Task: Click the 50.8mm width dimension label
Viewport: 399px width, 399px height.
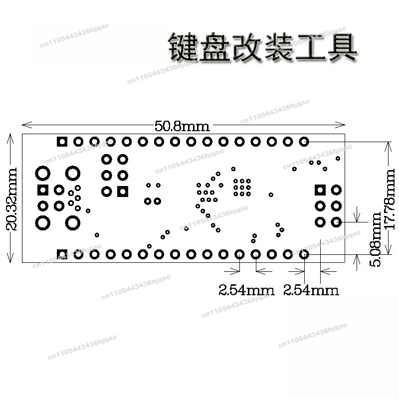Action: click(x=182, y=126)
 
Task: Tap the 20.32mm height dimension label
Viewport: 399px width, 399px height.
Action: click(x=11, y=199)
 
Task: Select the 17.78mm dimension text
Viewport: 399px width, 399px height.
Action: click(x=389, y=199)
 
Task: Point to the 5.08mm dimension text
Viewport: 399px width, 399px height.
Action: click(x=376, y=239)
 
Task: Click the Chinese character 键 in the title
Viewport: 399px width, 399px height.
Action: click(x=183, y=47)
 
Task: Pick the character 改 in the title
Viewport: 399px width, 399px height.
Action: click(x=247, y=47)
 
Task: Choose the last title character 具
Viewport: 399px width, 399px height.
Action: click(x=343, y=47)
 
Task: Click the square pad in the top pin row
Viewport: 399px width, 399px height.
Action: click(x=62, y=142)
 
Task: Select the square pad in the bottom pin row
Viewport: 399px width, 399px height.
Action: click(x=62, y=254)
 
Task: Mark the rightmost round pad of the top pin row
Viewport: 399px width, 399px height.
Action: click(x=304, y=142)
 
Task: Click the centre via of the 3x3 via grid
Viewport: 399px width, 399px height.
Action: click(x=242, y=188)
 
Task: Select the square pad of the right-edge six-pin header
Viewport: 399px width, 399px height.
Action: click(x=320, y=190)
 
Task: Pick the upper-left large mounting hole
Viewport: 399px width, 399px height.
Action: click(x=43, y=173)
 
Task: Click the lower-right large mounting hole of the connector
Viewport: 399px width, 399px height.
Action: click(x=73, y=223)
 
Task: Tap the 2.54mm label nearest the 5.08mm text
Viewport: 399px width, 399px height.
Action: click(x=311, y=290)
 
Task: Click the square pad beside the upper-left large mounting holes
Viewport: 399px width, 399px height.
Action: click(x=43, y=190)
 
